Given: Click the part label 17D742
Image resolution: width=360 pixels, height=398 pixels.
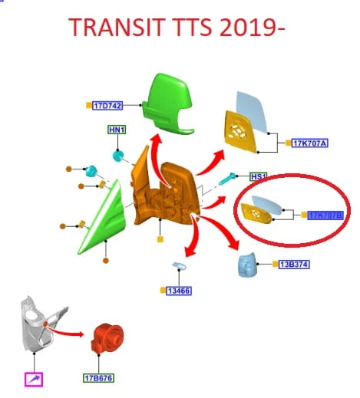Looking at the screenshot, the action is point(107,106).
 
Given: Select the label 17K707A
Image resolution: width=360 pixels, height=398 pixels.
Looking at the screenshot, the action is point(309,143).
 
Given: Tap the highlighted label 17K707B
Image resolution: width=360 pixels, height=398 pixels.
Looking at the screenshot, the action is point(325,215).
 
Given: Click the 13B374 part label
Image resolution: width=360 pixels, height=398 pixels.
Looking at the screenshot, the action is point(294,265).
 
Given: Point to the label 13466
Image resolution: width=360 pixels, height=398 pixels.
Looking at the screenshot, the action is point(179,291).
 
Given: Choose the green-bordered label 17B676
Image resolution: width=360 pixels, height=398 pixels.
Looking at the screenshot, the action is point(98,378).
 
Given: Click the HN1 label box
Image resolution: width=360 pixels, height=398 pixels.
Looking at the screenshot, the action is point(117,130).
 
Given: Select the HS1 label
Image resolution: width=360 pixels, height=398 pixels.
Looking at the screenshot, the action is point(259,176).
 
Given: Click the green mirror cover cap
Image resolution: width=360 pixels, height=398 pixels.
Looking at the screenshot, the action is point(168,104).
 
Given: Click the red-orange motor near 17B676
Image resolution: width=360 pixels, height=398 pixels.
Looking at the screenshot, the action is point(107,338).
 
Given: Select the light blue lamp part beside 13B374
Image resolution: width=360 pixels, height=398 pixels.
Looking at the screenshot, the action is point(247,265).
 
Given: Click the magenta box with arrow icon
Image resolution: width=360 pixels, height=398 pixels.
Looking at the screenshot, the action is point(34,380).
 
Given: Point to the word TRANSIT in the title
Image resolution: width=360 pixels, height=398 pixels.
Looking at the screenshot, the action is point(117,27).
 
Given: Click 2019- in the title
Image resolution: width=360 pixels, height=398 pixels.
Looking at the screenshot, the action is point(252,27).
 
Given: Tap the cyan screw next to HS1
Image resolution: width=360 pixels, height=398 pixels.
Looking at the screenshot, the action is point(228,179).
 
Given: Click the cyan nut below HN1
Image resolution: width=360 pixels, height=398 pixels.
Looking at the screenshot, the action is point(118,156).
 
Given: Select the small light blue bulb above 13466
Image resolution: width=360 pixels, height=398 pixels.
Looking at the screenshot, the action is point(180,266).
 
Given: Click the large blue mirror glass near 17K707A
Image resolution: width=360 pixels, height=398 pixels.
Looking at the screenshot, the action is point(252,112).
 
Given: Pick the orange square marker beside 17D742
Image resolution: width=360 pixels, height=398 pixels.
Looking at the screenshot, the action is point(89,105).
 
